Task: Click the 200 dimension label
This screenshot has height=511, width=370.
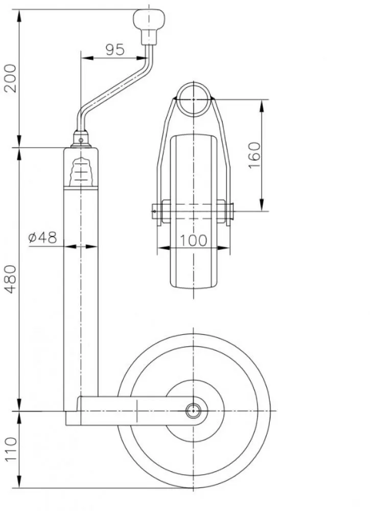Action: (x=11, y=78)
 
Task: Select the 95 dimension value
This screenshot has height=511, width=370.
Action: (x=115, y=50)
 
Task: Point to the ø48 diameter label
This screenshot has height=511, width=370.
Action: (x=42, y=238)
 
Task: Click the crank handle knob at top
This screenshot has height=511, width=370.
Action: (x=149, y=20)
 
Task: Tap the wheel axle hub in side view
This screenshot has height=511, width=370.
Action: (x=194, y=410)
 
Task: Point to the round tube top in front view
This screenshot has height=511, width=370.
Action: (x=194, y=97)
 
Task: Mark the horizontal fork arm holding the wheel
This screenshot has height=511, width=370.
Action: (x=133, y=410)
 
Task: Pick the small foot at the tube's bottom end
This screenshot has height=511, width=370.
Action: (x=73, y=419)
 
